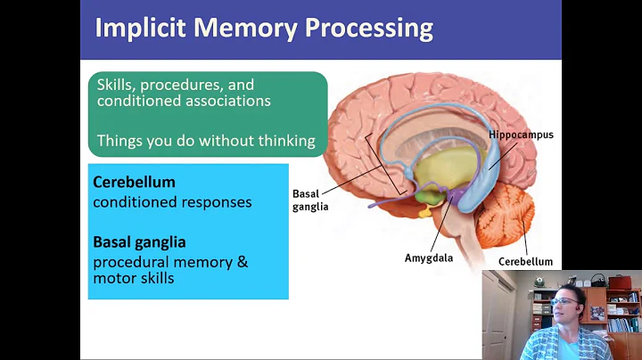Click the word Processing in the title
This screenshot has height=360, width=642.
pyautogui.click(x=369, y=29)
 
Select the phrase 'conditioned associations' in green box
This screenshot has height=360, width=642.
pyautogui.click(x=184, y=102)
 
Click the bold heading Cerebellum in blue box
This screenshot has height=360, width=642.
pyautogui.click(x=134, y=182)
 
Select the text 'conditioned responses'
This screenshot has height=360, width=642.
pyautogui.click(x=172, y=201)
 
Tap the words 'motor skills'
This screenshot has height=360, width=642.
pyautogui.click(x=133, y=278)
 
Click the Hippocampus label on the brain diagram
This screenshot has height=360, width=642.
pyautogui.click(x=521, y=135)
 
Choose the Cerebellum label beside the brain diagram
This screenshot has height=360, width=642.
pyautogui.click(x=525, y=261)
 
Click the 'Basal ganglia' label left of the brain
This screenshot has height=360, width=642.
pyautogui.click(x=310, y=199)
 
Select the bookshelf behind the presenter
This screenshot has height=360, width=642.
pyautogui.click(x=622, y=307)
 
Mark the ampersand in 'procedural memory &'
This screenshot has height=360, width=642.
pyautogui.click(x=242, y=262)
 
